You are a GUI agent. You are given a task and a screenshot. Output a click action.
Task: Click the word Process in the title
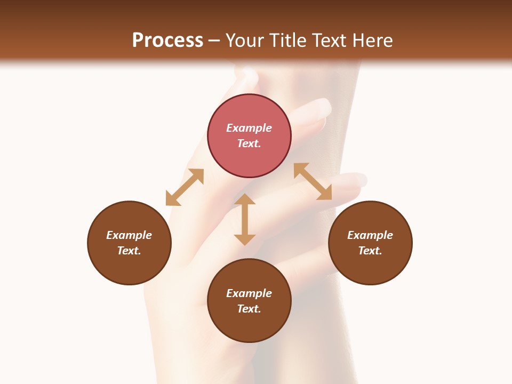(x=167, y=41)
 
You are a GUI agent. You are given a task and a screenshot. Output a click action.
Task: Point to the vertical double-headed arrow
(x=245, y=219)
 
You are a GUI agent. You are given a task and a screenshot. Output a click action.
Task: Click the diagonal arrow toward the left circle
(x=185, y=187)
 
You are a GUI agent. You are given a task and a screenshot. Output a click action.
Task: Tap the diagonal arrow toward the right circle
(x=313, y=181)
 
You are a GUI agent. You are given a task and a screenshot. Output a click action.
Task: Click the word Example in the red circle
(x=249, y=128)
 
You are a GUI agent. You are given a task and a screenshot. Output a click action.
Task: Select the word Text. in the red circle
(x=249, y=143)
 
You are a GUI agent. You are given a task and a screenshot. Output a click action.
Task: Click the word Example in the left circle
(x=129, y=235)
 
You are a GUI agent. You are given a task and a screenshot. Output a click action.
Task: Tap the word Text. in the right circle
(x=370, y=251)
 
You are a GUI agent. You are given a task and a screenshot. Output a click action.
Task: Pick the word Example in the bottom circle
(x=249, y=293)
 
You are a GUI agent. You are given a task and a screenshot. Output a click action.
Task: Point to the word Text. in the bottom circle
(x=249, y=309)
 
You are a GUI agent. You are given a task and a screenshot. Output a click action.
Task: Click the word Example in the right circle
(x=370, y=235)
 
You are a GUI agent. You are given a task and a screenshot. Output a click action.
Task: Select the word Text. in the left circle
(x=129, y=251)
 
